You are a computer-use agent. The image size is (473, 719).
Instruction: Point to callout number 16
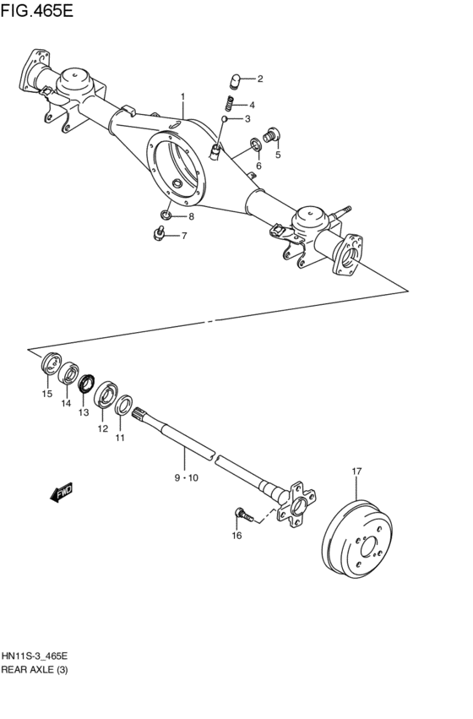click(x=236, y=536)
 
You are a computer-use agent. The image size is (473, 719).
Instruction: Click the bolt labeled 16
click(x=242, y=512)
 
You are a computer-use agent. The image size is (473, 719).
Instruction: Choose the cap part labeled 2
click(x=237, y=81)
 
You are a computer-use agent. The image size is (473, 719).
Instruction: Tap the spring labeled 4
click(x=229, y=104)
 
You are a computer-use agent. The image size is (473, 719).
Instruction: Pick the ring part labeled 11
click(x=123, y=406)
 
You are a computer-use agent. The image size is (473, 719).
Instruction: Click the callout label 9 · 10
click(x=187, y=478)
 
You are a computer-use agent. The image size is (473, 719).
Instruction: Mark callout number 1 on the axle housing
click(x=182, y=97)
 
